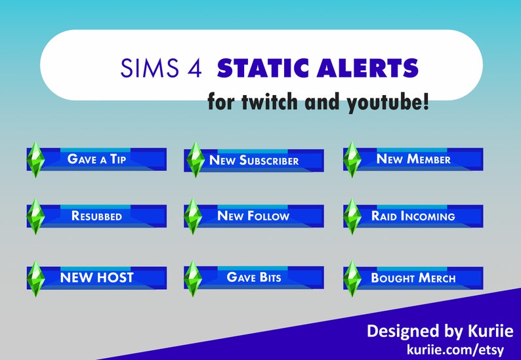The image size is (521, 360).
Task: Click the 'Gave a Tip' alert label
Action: click(96, 159)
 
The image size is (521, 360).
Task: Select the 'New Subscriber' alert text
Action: click(254, 160)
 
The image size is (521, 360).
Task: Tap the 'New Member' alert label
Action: click(413, 159)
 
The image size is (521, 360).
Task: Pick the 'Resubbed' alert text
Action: click(96, 216)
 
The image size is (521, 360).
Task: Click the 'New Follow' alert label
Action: click(253, 216)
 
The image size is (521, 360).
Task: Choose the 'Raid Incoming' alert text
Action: click(413, 216)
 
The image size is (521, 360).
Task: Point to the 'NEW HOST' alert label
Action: click(96, 277)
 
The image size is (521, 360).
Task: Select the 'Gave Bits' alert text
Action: click(254, 277)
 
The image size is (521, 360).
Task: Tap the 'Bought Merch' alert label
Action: click(413, 278)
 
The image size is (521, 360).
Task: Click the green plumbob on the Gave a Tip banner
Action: click(35, 159)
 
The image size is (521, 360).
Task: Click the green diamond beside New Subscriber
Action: click(194, 159)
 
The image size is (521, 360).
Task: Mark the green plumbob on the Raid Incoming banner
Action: click(352, 216)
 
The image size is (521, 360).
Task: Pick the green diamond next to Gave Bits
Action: click(194, 278)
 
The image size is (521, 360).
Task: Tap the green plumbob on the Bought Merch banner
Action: click(352, 278)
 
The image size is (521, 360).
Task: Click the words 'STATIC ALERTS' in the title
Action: click(318, 68)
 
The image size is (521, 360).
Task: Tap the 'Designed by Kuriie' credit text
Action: click(440, 330)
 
